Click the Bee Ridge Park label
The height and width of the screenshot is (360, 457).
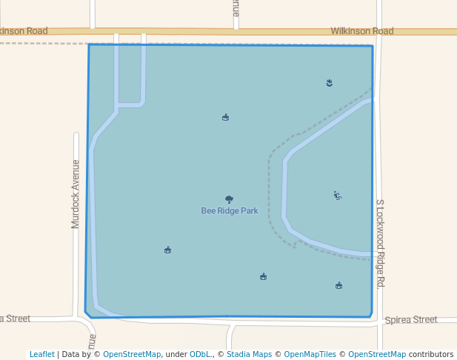click(230, 210)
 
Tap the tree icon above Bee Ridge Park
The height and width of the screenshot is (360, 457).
click(229, 199)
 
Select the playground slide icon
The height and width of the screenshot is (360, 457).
click(337, 196)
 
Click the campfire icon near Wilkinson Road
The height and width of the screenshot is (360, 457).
click(330, 82)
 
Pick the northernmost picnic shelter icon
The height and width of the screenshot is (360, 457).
click(225, 117)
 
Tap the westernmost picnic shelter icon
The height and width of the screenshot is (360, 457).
click(167, 250)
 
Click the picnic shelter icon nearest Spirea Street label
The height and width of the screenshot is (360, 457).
click(338, 285)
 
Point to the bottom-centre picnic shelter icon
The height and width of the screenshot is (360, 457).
click(263, 276)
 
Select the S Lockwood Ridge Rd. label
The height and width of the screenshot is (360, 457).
click(380, 242)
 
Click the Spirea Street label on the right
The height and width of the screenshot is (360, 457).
click(411, 319)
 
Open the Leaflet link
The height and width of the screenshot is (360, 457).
click(41, 354)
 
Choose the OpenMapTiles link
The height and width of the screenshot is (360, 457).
click(310, 354)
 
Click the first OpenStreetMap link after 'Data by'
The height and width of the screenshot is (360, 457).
click(132, 354)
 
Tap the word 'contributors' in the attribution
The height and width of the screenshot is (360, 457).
click(431, 354)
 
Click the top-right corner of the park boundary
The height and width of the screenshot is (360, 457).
click(373, 46)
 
